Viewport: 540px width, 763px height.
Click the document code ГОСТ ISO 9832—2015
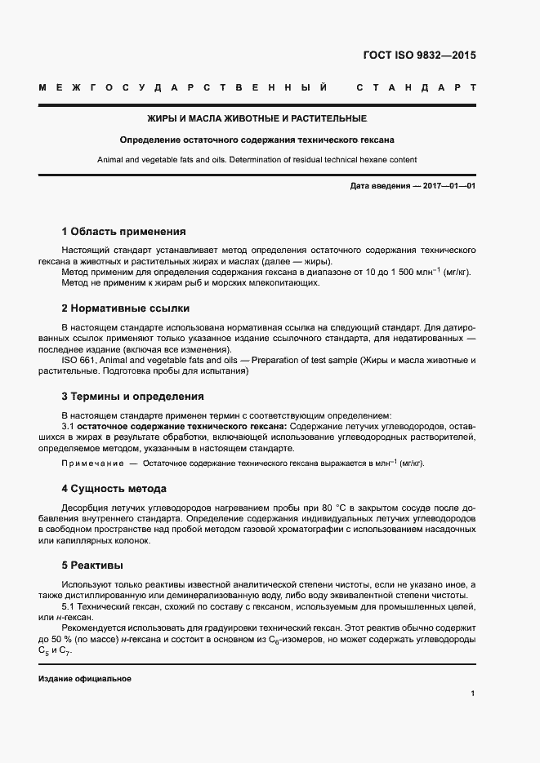(x=418, y=56)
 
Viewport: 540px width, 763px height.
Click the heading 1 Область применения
(x=123, y=231)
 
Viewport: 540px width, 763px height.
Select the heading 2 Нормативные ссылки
(x=125, y=308)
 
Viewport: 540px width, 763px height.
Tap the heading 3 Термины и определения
(x=132, y=397)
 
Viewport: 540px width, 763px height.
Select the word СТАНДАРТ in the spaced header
(x=417, y=87)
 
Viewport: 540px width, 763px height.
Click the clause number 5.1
(x=69, y=608)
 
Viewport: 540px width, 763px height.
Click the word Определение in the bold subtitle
(x=154, y=140)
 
